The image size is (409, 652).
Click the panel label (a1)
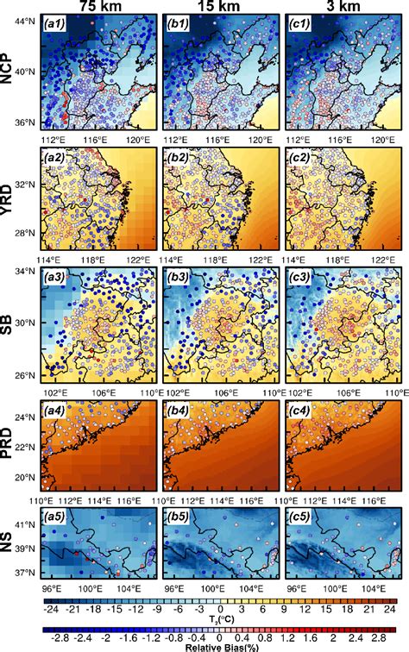click(57, 28)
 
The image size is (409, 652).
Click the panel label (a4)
click(57, 406)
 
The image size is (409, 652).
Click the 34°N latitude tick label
click(26, 273)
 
